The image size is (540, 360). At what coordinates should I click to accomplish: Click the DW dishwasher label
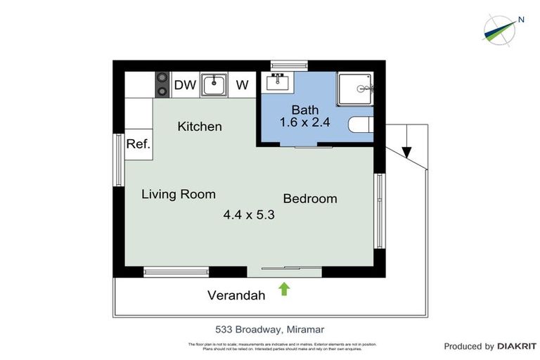185,85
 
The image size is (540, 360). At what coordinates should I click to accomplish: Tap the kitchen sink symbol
214,85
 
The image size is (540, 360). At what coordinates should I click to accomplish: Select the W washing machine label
242,85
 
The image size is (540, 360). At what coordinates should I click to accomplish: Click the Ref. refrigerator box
137,144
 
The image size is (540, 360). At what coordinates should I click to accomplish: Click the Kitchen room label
200,127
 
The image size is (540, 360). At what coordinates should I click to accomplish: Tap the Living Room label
179,194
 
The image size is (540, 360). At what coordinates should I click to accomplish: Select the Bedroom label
310,199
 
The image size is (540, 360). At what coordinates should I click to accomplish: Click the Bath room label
305,110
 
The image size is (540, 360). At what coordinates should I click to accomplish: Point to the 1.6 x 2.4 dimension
305,123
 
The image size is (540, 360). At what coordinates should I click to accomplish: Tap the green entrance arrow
284,288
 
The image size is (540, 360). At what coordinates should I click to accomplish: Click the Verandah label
236,295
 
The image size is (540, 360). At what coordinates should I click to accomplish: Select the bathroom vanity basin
279,83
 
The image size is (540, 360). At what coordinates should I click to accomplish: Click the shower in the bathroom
360,89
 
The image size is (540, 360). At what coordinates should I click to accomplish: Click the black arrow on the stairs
406,151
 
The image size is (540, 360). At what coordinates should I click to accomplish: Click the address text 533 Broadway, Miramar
269,329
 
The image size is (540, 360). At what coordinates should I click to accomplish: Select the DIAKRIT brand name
517,346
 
